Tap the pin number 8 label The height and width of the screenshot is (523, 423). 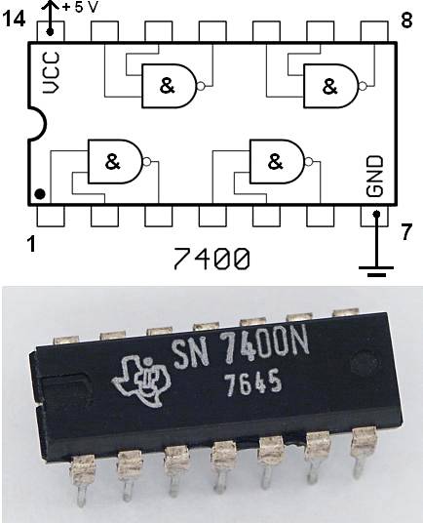(406, 20)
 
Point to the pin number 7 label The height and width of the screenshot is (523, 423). (406, 232)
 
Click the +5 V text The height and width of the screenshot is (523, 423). (80, 8)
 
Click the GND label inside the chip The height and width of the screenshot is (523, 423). (375, 176)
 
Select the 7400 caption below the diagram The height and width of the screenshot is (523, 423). (211, 260)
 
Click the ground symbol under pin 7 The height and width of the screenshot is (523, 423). (376, 268)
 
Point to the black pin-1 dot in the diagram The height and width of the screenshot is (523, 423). (39, 193)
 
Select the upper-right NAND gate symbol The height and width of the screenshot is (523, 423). (330, 86)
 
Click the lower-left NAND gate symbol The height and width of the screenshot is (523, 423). (115, 161)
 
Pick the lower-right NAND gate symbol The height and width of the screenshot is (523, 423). (277, 161)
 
